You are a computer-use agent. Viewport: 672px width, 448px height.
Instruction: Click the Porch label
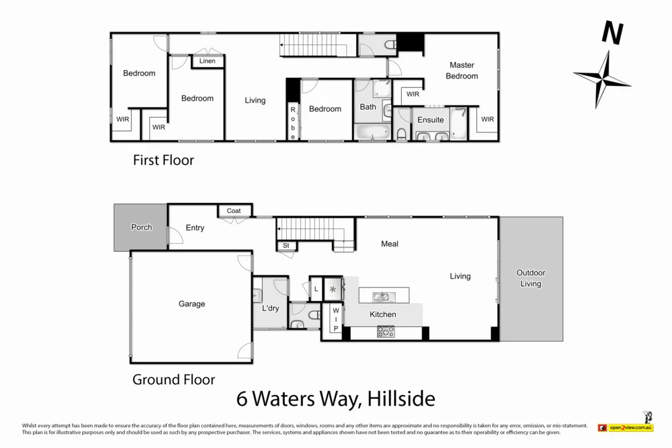(x=141, y=228)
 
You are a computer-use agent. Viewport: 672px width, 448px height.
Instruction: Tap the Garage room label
(x=192, y=304)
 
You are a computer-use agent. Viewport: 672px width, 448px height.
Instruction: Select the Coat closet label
(x=234, y=211)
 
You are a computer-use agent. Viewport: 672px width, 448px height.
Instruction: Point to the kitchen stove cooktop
(x=385, y=331)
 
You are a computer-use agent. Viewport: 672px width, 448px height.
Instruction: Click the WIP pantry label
(x=336, y=319)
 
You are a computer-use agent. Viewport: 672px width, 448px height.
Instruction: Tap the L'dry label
(x=270, y=308)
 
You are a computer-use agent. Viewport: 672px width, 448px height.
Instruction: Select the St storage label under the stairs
(x=286, y=246)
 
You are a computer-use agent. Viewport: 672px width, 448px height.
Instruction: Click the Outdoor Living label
(x=530, y=278)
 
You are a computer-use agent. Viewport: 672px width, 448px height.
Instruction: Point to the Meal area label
(x=390, y=244)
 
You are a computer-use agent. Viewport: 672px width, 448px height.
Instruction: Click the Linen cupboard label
(x=208, y=61)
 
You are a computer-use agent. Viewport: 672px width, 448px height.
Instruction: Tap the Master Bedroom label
(x=462, y=71)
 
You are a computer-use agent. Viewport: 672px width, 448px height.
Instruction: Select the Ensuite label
(x=430, y=120)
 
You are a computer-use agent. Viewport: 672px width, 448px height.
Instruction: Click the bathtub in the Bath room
(x=371, y=132)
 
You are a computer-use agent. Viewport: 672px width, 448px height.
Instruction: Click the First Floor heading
(x=163, y=161)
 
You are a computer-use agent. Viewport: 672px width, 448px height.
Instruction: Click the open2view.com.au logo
(x=626, y=427)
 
